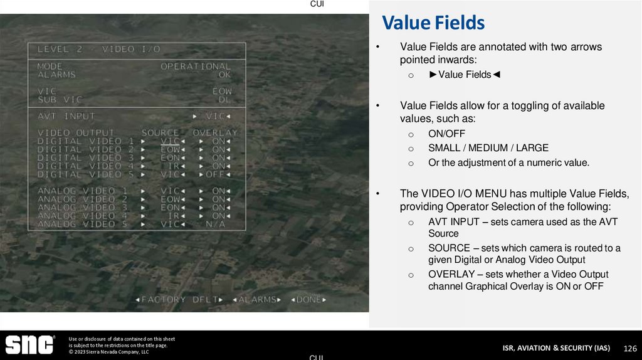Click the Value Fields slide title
(433, 23)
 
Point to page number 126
(629, 348)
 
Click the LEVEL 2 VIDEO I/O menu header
(98, 49)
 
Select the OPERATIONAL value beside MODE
(196, 66)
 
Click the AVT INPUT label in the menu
(66, 116)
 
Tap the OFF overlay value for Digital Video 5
(216, 174)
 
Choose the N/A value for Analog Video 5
(215, 224)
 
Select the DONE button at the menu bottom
(308, 300)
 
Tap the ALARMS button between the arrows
(257, 300)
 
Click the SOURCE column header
(160, 133)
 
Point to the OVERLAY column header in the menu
(214, 133)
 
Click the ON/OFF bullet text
(446, 134)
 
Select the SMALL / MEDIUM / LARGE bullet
(488, 148)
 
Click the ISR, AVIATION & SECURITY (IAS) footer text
(555, 348)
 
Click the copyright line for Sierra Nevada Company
(108, 352)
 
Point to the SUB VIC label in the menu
(60, 100)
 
